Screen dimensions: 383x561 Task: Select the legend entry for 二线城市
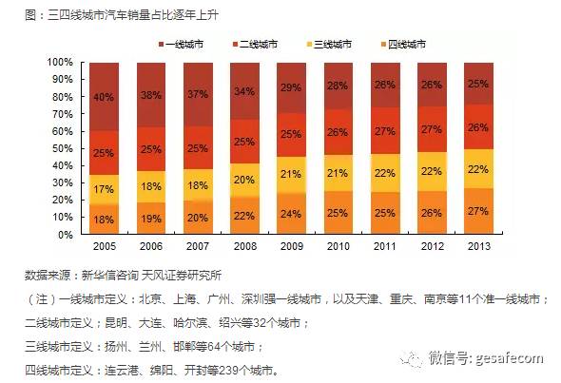click(257, 44)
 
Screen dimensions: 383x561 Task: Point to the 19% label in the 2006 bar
click(150, 219)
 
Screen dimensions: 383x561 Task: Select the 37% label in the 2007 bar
click(198, 94)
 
